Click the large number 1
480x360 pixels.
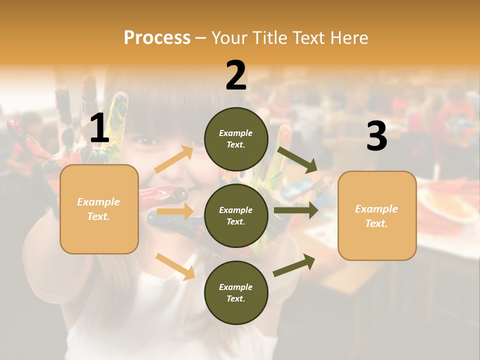(x=99, y=128)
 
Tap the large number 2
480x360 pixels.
(x=236, y=75)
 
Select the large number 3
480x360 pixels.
(x=376, y=136)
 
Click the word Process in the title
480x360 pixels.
(x=157, y=37)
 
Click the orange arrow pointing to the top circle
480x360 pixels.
(x=174, y=159)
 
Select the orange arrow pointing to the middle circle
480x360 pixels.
(x=175, y=211)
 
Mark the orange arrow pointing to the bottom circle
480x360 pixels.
(x=175, y=266)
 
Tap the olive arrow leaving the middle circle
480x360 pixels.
(x=296, y=210)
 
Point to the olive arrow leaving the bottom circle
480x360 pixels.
(x=294, y=265)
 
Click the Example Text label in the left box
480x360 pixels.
(x=98, y=209)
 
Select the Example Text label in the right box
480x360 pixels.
(x=376, y=216)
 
